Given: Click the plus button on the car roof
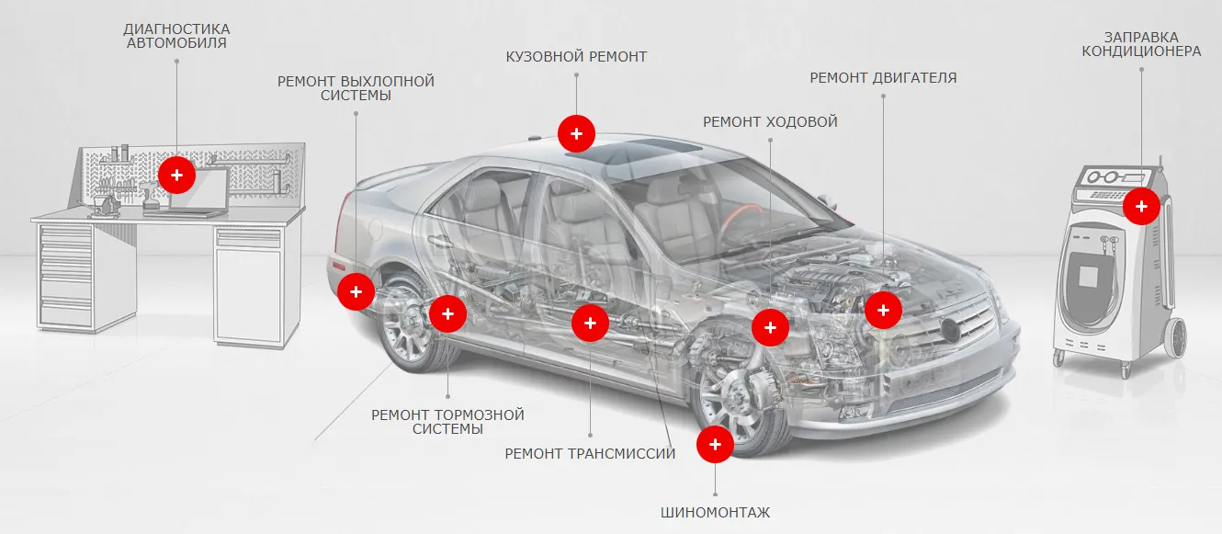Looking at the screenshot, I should click(x=576, y=133).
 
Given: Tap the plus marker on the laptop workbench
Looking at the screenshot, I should click(x=176, y=174).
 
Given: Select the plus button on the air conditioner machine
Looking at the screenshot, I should click(x=1141, y=206).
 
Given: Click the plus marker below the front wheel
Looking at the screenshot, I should click(x=715, y=445).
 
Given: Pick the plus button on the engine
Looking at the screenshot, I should click(x=883, y=310).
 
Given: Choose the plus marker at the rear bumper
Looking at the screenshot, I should click(x=356, y=292).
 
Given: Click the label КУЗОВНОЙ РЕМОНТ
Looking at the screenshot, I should click(x=576, y=57).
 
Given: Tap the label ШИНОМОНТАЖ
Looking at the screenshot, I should click(x=715, y=512).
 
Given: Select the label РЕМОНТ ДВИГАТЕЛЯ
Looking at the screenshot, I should click(x=883, y=78).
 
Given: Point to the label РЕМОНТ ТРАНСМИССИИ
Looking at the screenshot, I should click(x=590, y=453).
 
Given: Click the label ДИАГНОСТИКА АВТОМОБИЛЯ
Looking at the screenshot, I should click(x=176, y=36).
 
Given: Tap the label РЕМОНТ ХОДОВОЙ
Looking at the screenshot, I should click(x=770, y=121).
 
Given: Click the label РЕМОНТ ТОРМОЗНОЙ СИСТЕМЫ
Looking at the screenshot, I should click(x=447, y=422).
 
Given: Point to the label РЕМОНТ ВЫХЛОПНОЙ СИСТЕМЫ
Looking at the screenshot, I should click(x=356, y=88).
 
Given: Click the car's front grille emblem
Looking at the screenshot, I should click(x=948, y=328).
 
